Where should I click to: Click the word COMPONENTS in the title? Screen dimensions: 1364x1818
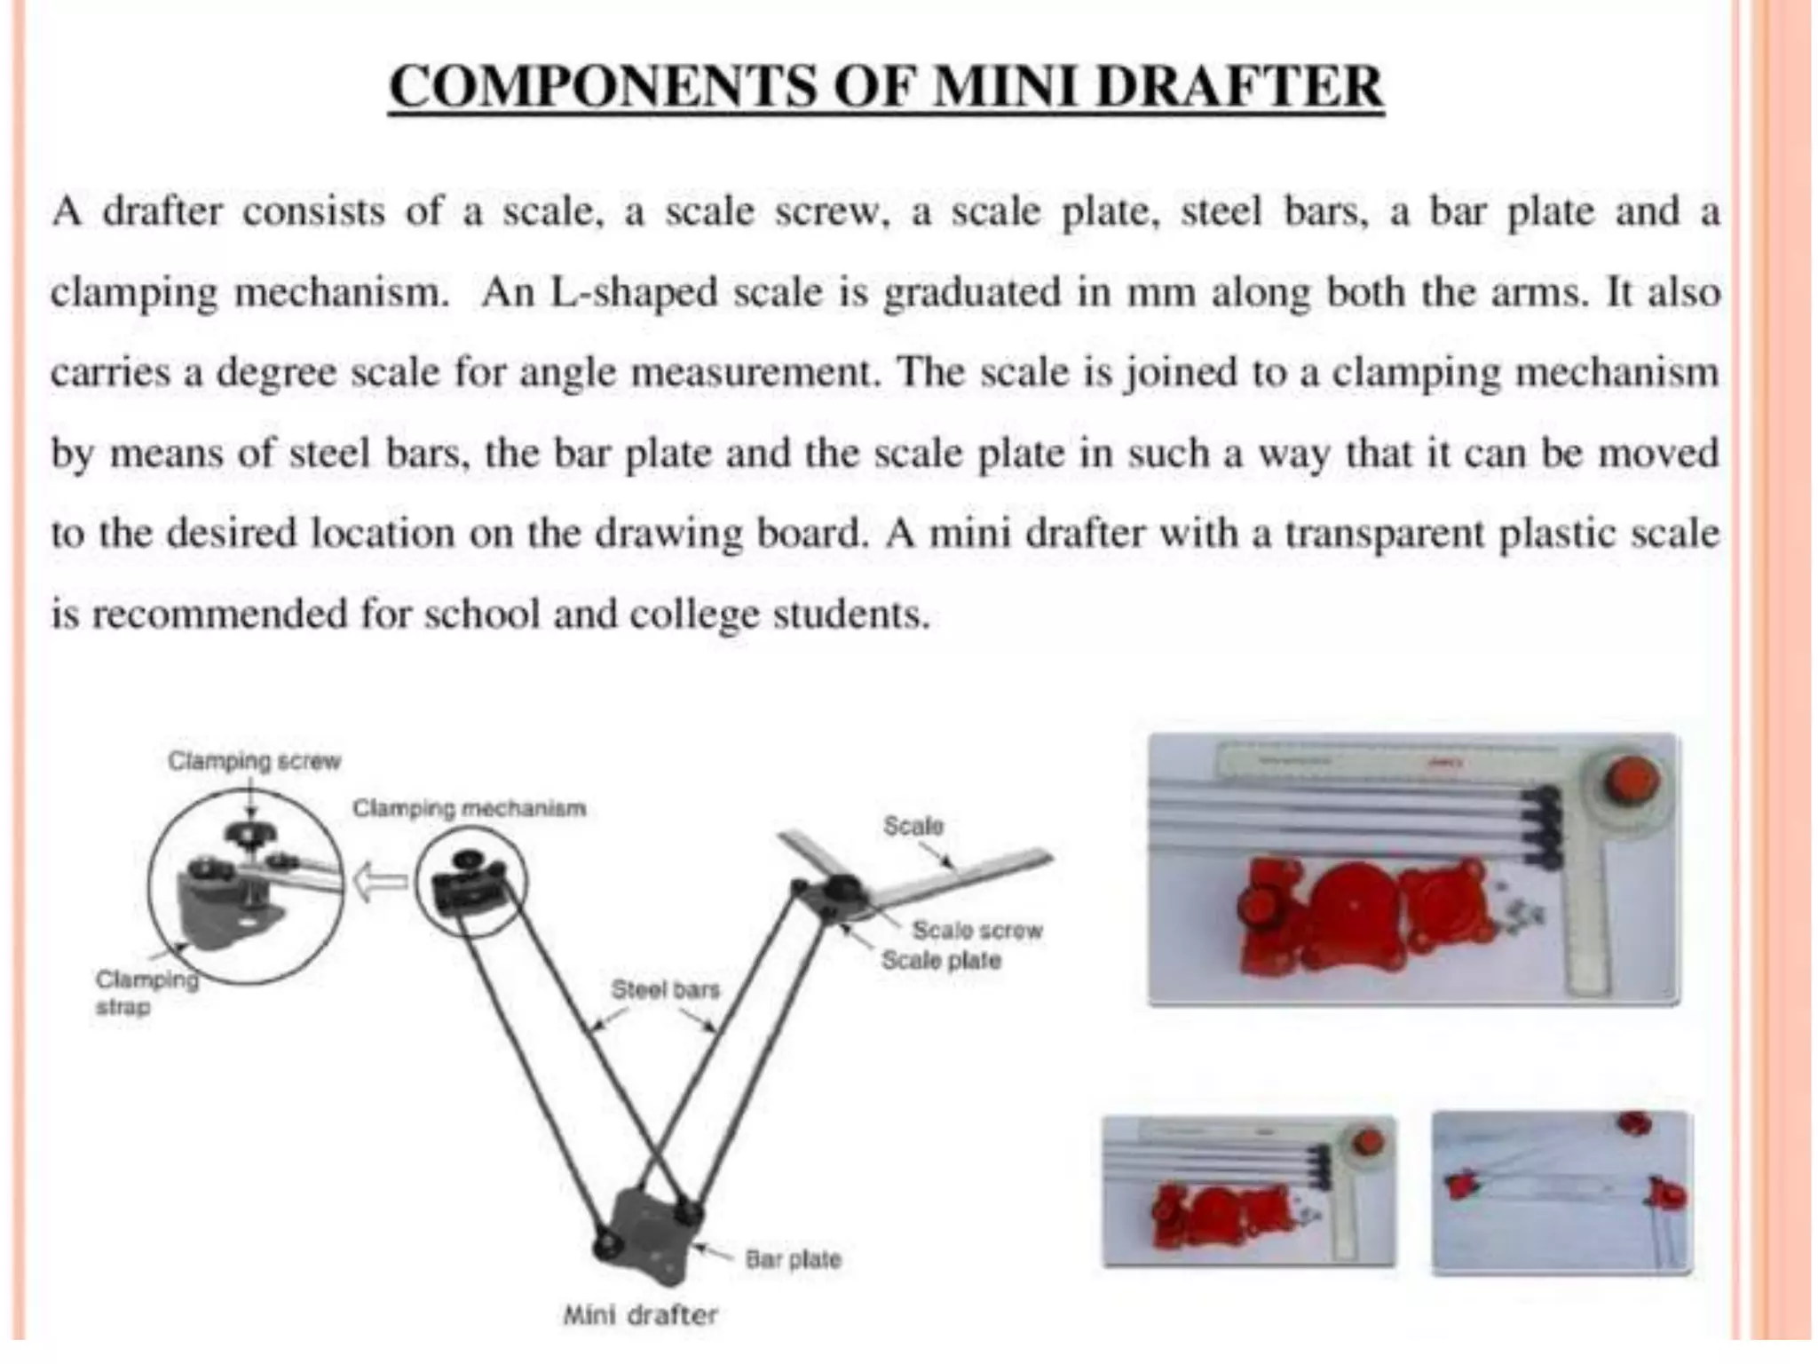click(x=600, y=87)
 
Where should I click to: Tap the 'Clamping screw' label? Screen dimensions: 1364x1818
click(x=254, y=761)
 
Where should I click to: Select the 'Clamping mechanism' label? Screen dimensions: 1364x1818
click(x=469, y=808)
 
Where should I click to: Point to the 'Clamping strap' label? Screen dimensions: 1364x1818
click(x=146, y=993)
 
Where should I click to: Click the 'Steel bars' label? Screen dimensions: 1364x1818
click(x=665, y=988)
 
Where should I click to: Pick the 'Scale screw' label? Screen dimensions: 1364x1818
click(x=976, y=930)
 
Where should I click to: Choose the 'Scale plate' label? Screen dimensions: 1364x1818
click(x=940, y=960)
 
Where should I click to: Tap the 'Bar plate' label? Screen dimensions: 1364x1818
click(x=792, y=1259)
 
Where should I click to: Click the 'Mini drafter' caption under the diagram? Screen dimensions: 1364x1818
click(x=639, y=1314)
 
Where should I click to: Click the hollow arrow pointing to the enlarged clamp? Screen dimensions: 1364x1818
click(x=379, y=883)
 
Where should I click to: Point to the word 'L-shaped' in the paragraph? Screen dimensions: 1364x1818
click(x=633, y=292)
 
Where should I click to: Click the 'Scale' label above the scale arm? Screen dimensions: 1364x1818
click(x=913, y=826)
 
